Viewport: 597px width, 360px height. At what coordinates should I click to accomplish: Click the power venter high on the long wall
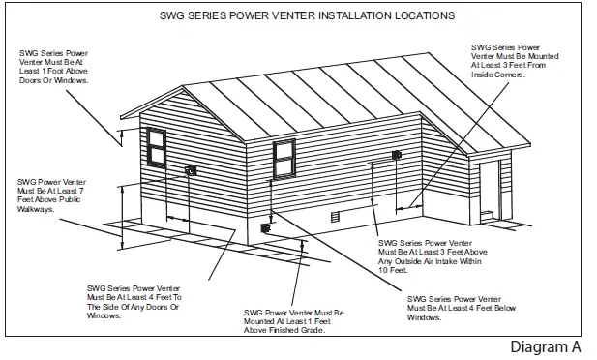(396, 156)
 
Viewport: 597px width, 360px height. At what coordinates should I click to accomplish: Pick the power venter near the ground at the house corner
(264, 228)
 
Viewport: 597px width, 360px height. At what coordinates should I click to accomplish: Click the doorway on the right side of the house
(490, 190)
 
